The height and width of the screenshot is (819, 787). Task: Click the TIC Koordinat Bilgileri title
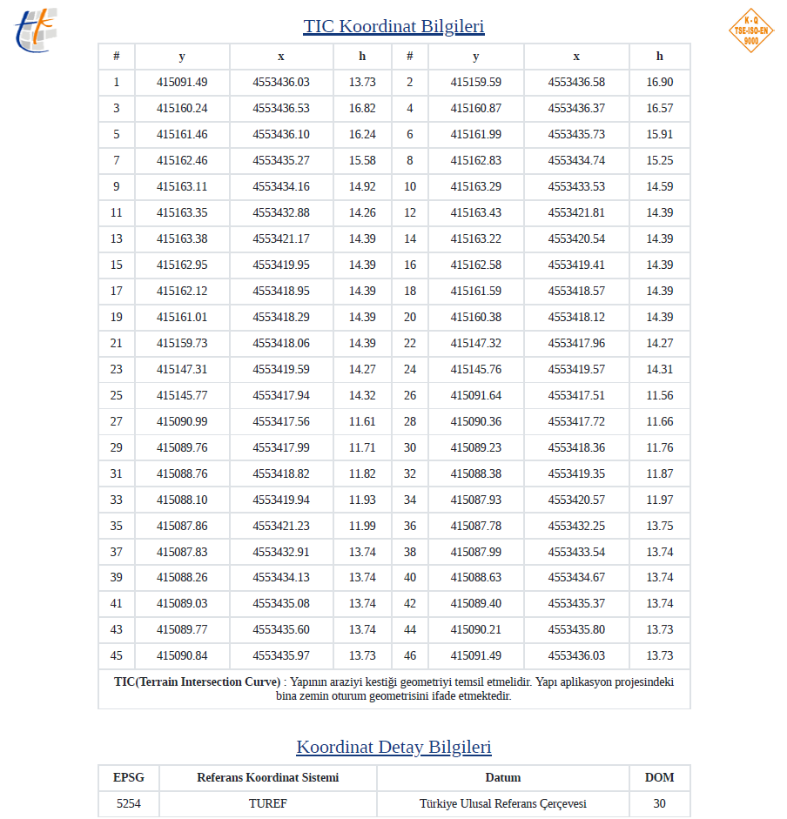click(x=393, y=26)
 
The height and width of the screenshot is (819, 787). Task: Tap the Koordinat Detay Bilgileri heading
click(x=393, y=747)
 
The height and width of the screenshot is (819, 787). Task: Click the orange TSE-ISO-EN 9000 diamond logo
click(x=750, y=30)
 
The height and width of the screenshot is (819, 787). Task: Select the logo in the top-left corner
click(x=36, y=30)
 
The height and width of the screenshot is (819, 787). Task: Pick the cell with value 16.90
click(x=659, y=83)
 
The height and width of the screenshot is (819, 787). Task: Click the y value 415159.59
click(x=475, y=83)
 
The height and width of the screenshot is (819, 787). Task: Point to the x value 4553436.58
click(x=576, y=83)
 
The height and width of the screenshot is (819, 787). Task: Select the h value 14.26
click(x=362, y=213)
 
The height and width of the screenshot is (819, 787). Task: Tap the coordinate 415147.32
click(x=475, y=344)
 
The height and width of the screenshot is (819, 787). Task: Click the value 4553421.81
click(x=576, y=213)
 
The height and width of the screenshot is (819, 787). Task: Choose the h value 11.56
click(x=659, y=396)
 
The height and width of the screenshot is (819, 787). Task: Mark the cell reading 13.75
click(x=659, y=527)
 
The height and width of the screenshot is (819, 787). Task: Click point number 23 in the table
click(x=116, y=370)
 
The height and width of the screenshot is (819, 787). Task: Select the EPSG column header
click(x=129, y=778)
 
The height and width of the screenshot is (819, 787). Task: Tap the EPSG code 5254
click(x=129, y=804)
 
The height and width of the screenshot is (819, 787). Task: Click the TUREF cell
click(x=267, y=804)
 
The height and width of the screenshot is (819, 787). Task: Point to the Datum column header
click(x=503, y=778)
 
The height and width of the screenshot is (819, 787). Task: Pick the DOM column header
click(x=659, y=778)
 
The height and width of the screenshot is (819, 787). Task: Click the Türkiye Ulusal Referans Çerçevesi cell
click(x=503, y=804)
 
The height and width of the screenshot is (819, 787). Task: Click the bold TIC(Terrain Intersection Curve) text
click(x=198, y=682)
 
